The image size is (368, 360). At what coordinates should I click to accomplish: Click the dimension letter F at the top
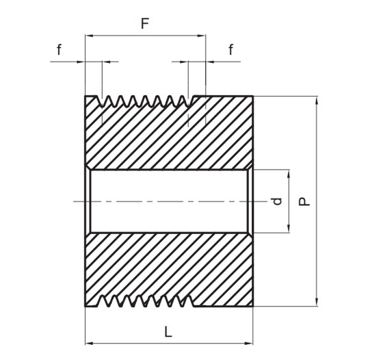point(145,23)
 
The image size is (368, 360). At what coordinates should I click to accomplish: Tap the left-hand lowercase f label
point(59,49)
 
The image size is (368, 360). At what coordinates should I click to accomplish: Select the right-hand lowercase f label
point(231,49)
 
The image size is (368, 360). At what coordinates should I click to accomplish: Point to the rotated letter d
point(277,201)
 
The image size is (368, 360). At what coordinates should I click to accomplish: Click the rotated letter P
point(304,202)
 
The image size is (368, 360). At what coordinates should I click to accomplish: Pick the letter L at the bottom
point(168,332)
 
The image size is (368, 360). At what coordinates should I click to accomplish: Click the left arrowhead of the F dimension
point(89,36)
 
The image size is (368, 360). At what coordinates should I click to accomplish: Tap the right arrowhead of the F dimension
point(201,36)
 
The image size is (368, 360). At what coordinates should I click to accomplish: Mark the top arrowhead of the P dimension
point(317,101)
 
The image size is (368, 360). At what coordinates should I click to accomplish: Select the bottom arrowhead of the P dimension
point(317,302)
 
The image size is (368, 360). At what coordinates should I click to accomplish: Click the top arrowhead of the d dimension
point(289,174)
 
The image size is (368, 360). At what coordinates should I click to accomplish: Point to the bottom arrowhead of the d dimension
point(289,229)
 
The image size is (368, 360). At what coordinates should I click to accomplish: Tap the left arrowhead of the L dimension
point(89,344)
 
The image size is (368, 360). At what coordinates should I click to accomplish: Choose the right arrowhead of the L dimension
point(249,344)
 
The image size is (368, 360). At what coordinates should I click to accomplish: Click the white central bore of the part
point(169,201)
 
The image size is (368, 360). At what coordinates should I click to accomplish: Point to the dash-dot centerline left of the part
point(79,201)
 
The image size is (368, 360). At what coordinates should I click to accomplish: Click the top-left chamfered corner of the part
point(86,97)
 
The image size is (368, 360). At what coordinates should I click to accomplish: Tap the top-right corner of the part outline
point(253,96)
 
